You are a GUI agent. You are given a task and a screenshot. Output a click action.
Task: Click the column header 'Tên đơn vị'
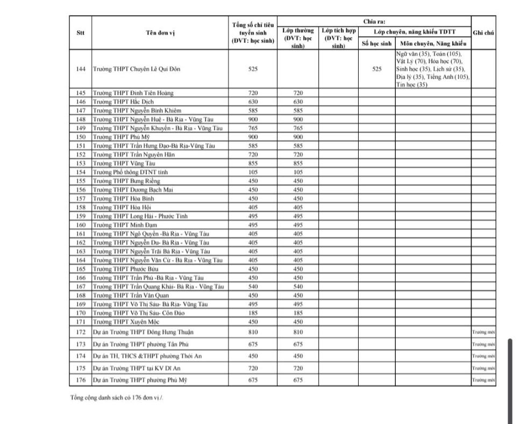(160, 33)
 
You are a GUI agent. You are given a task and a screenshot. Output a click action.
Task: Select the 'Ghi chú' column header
(483, 33)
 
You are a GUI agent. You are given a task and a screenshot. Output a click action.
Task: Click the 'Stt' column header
(80, 33)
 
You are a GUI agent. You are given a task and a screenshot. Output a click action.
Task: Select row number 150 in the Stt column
(81, 137)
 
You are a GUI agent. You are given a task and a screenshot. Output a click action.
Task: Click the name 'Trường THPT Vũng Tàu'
(120, 164)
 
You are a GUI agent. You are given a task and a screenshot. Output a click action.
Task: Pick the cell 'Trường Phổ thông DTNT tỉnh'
(126, 172)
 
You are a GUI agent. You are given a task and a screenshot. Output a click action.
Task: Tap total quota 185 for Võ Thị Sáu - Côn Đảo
(253, 313)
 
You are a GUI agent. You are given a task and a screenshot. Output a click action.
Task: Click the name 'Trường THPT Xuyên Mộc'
(122, 321)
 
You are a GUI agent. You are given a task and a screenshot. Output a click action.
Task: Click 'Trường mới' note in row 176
(483, 380)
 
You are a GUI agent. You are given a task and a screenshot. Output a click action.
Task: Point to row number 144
(81, 69)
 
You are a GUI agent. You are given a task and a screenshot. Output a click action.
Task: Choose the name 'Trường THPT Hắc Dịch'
(119, 102)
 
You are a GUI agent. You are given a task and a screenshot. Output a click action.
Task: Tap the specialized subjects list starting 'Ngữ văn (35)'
(433, 69)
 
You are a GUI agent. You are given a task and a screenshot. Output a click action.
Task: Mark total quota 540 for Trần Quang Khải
(253, 286)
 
